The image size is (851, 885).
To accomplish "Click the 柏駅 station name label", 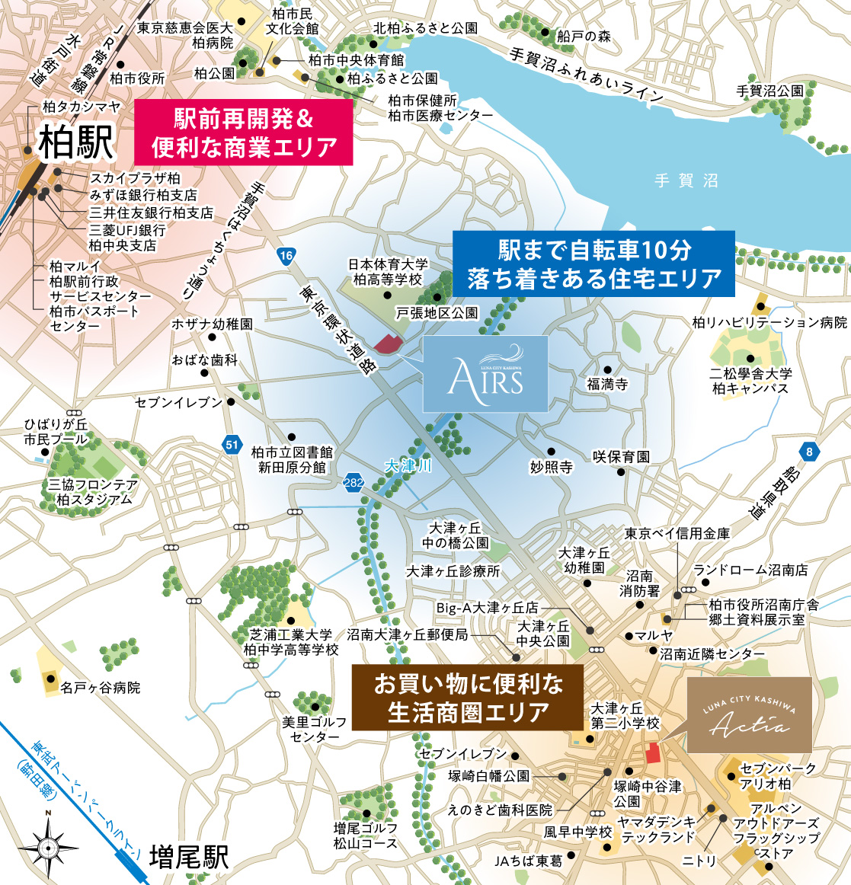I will point(76,143).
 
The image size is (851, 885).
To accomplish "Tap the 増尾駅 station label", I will point(188,856).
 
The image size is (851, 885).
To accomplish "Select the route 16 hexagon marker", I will point(286,256).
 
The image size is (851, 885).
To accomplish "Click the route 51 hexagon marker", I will point(232,445).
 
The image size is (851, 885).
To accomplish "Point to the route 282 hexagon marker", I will point(354,482).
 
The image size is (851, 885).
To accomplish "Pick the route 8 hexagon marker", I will point(809,452).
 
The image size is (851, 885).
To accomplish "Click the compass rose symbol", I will point(48,846).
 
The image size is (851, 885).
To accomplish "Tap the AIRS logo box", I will point(485,375).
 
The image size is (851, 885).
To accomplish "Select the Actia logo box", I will point(750,714).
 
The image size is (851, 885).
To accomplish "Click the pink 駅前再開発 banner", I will point(244,133).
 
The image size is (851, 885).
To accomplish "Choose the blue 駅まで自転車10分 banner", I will point(594,264).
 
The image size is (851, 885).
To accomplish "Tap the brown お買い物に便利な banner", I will point(467,697).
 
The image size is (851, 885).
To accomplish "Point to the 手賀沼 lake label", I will point(686,181).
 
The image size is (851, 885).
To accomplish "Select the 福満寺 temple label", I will point(607,385).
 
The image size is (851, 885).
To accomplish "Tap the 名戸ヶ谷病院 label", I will point(101,688).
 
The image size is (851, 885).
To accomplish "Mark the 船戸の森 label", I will point(584,36).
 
